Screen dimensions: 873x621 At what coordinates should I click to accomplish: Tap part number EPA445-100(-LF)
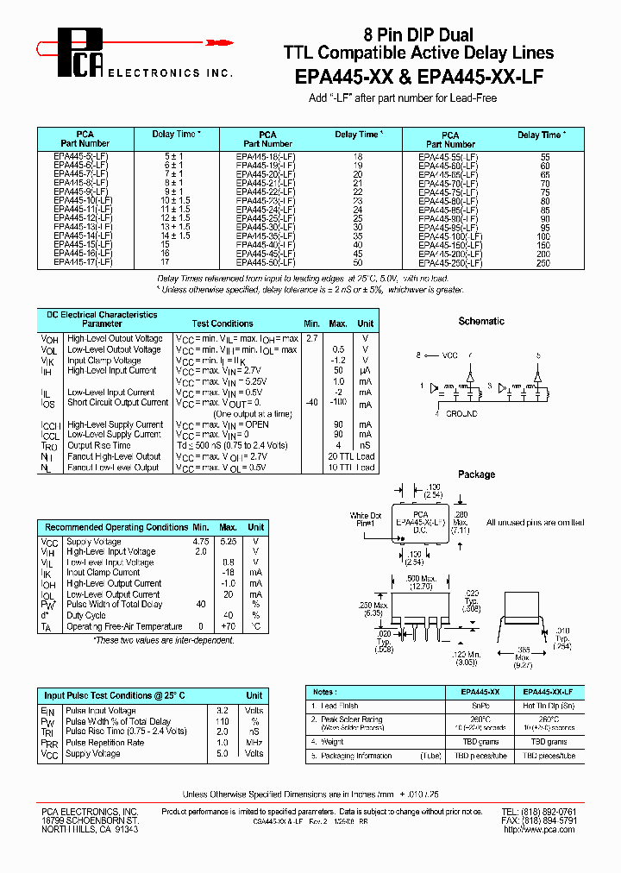click(448, 236)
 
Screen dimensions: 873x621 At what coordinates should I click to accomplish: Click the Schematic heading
click(481, 321)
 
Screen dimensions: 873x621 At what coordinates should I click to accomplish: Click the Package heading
click(476, 474)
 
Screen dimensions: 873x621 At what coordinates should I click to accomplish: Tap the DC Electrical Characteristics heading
click(102, 315)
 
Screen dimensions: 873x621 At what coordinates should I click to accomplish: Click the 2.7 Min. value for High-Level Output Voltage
click(312, 339)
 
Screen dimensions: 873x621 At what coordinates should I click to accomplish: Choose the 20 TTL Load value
click(351, 456)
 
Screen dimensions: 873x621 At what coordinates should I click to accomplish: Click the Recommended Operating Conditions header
click(116, 527)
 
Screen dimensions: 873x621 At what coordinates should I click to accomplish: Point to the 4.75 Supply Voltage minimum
click(200, 541)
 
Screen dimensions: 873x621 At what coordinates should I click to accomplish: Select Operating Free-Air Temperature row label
click(124, 626)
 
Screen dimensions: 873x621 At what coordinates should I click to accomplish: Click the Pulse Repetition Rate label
click(105, 743)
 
